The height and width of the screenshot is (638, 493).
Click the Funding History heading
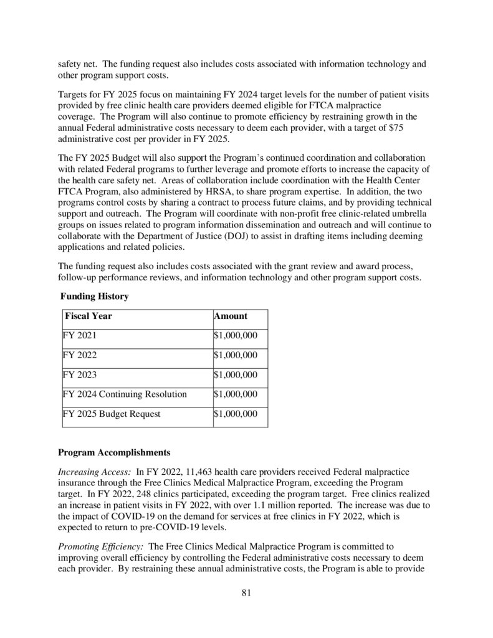(94, 297)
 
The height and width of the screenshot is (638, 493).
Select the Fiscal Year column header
(89, 316)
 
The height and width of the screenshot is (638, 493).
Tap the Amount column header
(231, 316)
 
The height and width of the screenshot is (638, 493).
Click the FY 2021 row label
(79, 336)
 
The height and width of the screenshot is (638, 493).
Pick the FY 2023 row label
(79, 375)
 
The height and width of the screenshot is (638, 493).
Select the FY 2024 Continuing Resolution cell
(125, 394)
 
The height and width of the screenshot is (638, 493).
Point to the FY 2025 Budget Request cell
(112, 414)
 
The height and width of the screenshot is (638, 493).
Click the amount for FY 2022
(236, 355)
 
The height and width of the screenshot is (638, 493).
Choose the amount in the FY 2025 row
(236, 414)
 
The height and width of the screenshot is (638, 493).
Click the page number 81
(246, 593)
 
